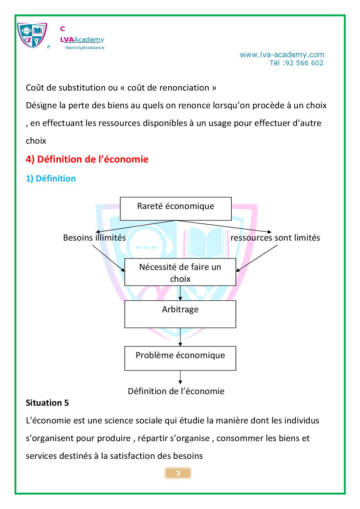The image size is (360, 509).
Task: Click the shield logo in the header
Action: click(32, 35)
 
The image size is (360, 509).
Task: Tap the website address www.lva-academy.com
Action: click(282, 55)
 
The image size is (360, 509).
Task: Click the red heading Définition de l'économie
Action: click(87, 159)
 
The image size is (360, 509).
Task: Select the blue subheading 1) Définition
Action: click(51, 178)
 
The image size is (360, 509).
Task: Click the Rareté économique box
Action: click(176, 209)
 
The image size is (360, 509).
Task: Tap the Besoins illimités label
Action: click(94, 238)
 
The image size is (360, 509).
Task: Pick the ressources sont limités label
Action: click(275, 238)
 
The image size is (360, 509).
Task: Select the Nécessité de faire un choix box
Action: click(180, 272)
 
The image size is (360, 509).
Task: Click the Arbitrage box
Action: click(180, 314)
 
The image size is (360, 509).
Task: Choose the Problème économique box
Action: click(180, 358)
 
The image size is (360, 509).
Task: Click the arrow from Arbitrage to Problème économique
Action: click(180, 337)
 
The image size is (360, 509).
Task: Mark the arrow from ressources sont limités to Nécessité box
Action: click(257, 258)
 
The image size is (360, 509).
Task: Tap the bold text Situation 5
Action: click(47, 403)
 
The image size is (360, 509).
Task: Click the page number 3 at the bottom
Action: click(178, 473)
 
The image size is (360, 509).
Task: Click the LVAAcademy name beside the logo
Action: click(82, 39)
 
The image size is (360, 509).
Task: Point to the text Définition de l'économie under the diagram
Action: click(176, 391)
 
